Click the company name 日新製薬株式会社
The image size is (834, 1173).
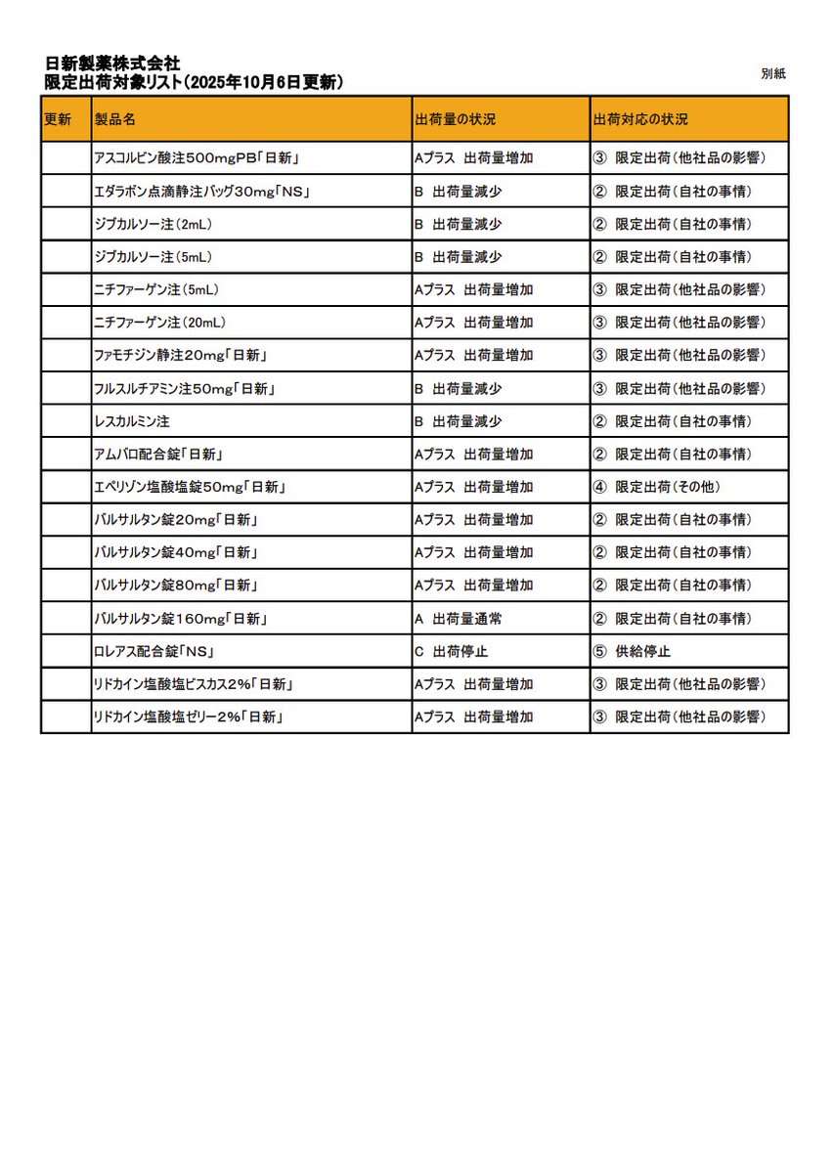point(112,65)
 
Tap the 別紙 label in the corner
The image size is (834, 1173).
point(773,74)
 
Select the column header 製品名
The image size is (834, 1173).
point(114,119)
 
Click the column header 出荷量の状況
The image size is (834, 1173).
point(456,119)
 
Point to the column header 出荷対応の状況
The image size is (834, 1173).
point(640,119)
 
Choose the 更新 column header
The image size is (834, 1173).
point(58,119)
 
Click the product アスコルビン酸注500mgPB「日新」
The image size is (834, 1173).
point(196,157)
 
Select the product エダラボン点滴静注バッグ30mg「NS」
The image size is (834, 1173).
point(202,191)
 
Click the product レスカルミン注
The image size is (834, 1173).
point(132,421)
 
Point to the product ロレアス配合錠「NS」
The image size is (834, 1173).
point(154,651)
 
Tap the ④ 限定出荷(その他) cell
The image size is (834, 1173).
point(656,487)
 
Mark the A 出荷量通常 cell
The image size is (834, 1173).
point(459,619)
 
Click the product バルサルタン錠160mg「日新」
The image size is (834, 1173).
point(180,619)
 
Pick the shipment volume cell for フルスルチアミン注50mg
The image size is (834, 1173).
point(459,388)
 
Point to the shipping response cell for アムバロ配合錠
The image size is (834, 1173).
point(673,454)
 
